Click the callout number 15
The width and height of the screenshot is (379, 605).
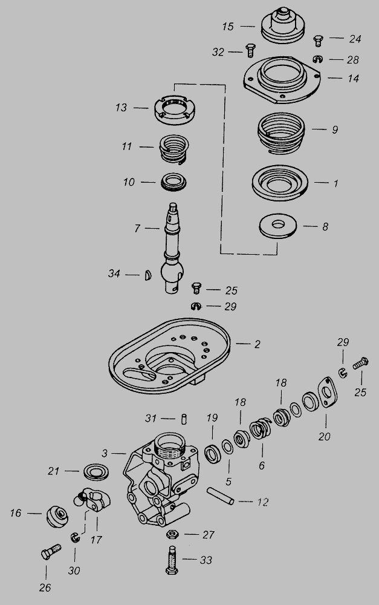228,27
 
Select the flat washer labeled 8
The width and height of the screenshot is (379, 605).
278,225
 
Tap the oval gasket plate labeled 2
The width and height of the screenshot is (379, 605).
169,355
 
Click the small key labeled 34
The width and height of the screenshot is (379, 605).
147,275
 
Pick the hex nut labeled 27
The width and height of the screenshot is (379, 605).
172,534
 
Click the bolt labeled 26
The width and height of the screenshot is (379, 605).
51,551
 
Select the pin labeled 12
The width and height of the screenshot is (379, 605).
220,496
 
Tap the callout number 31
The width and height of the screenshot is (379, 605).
151,418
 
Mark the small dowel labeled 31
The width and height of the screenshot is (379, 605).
184,419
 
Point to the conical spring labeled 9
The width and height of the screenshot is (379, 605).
280,133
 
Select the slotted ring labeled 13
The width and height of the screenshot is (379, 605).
174,110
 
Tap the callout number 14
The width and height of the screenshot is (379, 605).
353,78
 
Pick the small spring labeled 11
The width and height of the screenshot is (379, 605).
174,149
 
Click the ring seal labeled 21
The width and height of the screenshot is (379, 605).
96,472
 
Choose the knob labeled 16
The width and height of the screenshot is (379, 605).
57,516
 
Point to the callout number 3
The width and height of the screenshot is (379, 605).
105,453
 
